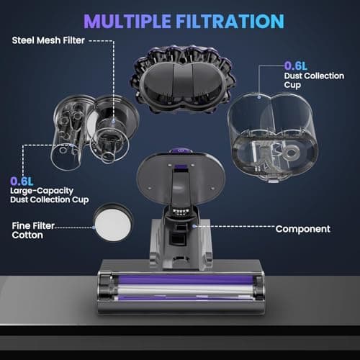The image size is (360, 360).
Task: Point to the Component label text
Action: tap(303, 229)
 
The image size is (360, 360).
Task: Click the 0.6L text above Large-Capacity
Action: tap(21, 181)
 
